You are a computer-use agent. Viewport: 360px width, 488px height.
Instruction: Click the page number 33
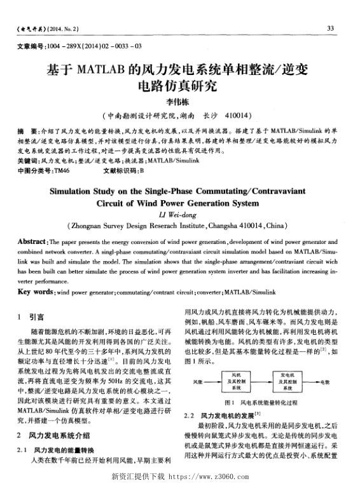[x=330, y=29]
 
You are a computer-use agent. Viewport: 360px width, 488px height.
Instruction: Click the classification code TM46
[x=62, y=170]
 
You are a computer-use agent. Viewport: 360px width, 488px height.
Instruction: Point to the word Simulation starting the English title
[x=79, y=190]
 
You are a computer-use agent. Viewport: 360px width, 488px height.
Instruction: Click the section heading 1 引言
[x=31, y=316]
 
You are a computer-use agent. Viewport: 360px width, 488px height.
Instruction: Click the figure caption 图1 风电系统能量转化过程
[x=261, y=403]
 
